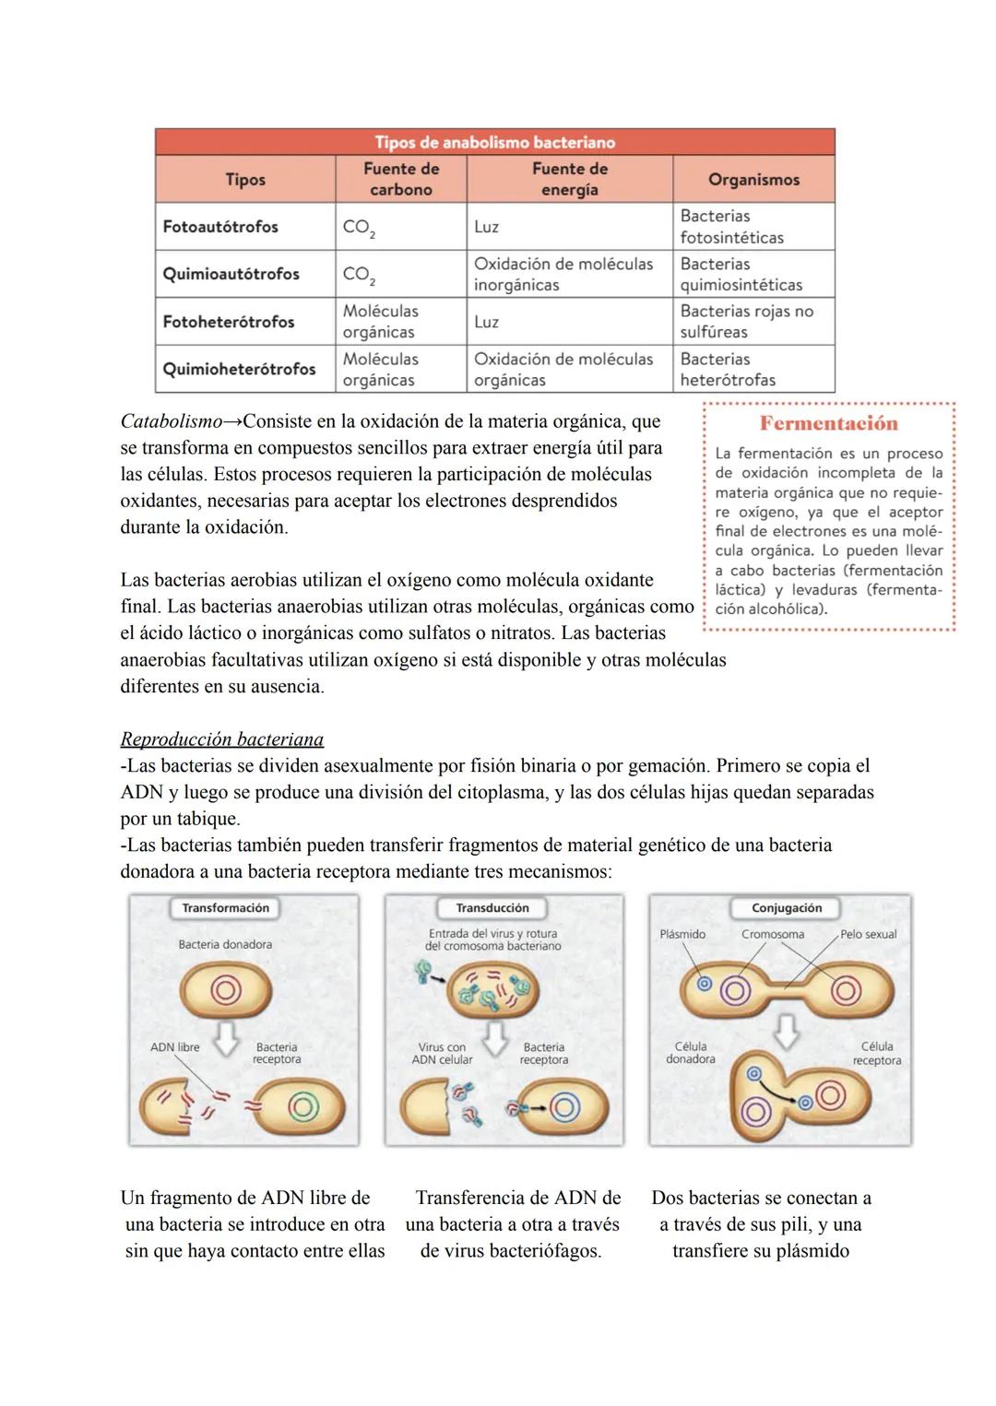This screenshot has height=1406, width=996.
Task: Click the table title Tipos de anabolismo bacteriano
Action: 494,142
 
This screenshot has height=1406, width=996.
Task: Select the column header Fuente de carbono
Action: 400,179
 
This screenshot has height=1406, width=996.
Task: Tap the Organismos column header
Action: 753,180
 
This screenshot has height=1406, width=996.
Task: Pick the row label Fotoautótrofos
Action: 220,227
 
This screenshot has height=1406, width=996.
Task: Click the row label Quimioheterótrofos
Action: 239,369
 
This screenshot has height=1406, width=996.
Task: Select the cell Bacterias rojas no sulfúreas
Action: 746,321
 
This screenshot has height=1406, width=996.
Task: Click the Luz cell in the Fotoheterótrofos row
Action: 486,322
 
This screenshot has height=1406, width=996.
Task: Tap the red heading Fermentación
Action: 827,423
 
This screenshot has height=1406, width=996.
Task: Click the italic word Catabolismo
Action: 172,421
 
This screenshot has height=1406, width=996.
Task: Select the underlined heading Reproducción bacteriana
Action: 221,739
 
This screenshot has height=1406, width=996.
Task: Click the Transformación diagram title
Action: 225,908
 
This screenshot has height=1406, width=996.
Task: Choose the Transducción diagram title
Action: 492,908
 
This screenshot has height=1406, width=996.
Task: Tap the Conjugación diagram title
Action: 786,908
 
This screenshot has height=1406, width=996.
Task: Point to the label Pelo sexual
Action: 868,934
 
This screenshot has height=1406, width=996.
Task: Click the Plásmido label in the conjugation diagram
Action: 682,934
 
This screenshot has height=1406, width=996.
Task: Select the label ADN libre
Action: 175,1047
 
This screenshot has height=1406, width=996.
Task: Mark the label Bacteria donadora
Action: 225,944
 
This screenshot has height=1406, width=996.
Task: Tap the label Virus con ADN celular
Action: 442,1053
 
